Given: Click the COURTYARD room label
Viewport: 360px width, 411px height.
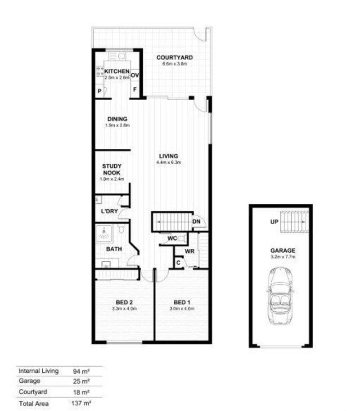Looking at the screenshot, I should coord(175,58).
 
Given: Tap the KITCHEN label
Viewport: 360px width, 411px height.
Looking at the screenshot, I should coord(117,71).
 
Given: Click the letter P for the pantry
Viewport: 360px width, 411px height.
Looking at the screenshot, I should coord(99,91).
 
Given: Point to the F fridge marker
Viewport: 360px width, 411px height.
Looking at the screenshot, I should coord(135,90).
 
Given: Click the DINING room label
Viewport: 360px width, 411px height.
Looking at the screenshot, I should coord(117,119).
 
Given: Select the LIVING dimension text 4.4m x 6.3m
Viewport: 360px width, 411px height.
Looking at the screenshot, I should coord(169,162).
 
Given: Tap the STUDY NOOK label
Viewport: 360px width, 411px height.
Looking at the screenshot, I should coord(112,169).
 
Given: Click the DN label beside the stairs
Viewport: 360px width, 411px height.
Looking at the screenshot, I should coord(196,221).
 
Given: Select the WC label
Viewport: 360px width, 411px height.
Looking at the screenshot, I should coord(171,238).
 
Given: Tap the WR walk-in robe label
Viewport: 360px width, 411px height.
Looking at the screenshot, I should coord(189,251).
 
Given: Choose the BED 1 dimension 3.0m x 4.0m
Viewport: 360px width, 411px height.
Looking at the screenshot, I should coord(181,308).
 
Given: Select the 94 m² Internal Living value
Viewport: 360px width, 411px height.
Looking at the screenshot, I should coord(82,371).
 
